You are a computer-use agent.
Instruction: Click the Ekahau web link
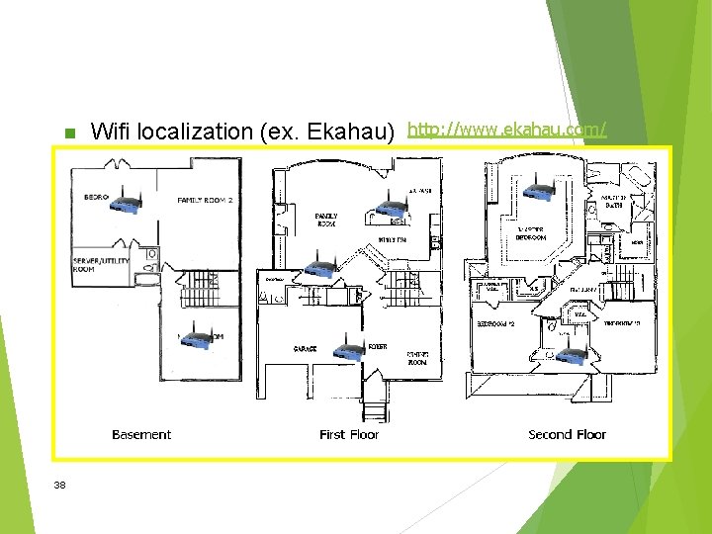(507, 129)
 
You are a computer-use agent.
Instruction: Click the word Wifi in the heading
(110, 132)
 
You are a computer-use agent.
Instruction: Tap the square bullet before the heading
(68, 133)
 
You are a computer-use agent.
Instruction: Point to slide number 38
(60, 485)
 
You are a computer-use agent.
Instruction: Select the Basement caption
(141, 434)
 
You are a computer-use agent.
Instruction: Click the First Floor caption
(349, 434)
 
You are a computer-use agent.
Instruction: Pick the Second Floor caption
(567, 434)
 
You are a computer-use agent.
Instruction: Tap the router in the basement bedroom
(126, 203)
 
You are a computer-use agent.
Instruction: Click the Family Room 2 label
(205, 201)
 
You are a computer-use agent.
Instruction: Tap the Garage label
(304, 349)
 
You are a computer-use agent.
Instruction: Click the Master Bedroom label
(530, 233)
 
